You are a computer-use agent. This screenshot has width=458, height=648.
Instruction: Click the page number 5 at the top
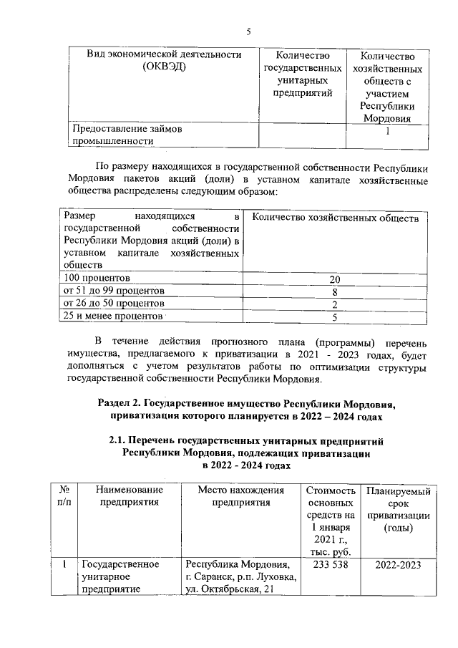click(248, 32)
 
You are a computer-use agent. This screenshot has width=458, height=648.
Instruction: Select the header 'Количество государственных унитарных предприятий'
click(301, 74)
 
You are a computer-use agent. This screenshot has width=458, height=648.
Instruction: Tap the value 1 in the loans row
click(387, 131)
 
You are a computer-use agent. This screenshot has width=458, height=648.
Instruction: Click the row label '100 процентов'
click(97, 278)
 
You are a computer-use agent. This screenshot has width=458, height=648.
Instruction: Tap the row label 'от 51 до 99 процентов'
click(114, 291)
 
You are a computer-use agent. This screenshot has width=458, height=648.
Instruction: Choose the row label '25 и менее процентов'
click(113, 316)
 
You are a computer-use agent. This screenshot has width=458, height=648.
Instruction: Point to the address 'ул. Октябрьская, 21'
click(230, 590)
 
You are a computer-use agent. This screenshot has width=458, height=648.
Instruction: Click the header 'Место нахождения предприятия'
click(241, 496)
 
